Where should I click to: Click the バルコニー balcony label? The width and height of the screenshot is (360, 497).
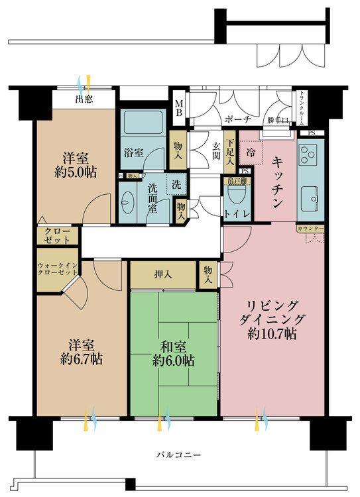(x=178, y=455)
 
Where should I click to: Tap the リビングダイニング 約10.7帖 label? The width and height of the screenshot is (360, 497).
(x=272, y=319)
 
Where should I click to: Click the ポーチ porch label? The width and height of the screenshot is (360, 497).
(x=237, y=120)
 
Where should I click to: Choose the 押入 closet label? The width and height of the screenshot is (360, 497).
(x=162, y=274)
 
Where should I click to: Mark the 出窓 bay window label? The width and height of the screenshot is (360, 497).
(x=84, y=101)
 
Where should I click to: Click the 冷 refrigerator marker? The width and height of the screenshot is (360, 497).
(x=251, y=152)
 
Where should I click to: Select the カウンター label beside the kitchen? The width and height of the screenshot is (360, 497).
(x=310, y=228)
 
